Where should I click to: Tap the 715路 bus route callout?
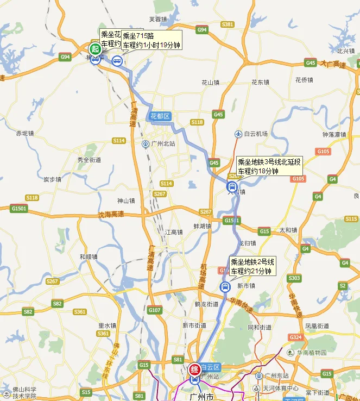tap(151, 40)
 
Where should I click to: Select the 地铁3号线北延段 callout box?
tap(269, 166)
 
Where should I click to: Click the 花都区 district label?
tap(160, 116)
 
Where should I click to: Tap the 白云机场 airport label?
tap(255, 134)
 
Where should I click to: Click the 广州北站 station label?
tap(162, 144)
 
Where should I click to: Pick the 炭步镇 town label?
tap(52, 179)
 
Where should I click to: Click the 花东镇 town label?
tap(260, 82)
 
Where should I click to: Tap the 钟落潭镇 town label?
tap(334, 134)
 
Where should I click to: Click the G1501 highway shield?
tap(18, 208)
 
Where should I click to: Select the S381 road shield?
tap(228, 24)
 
